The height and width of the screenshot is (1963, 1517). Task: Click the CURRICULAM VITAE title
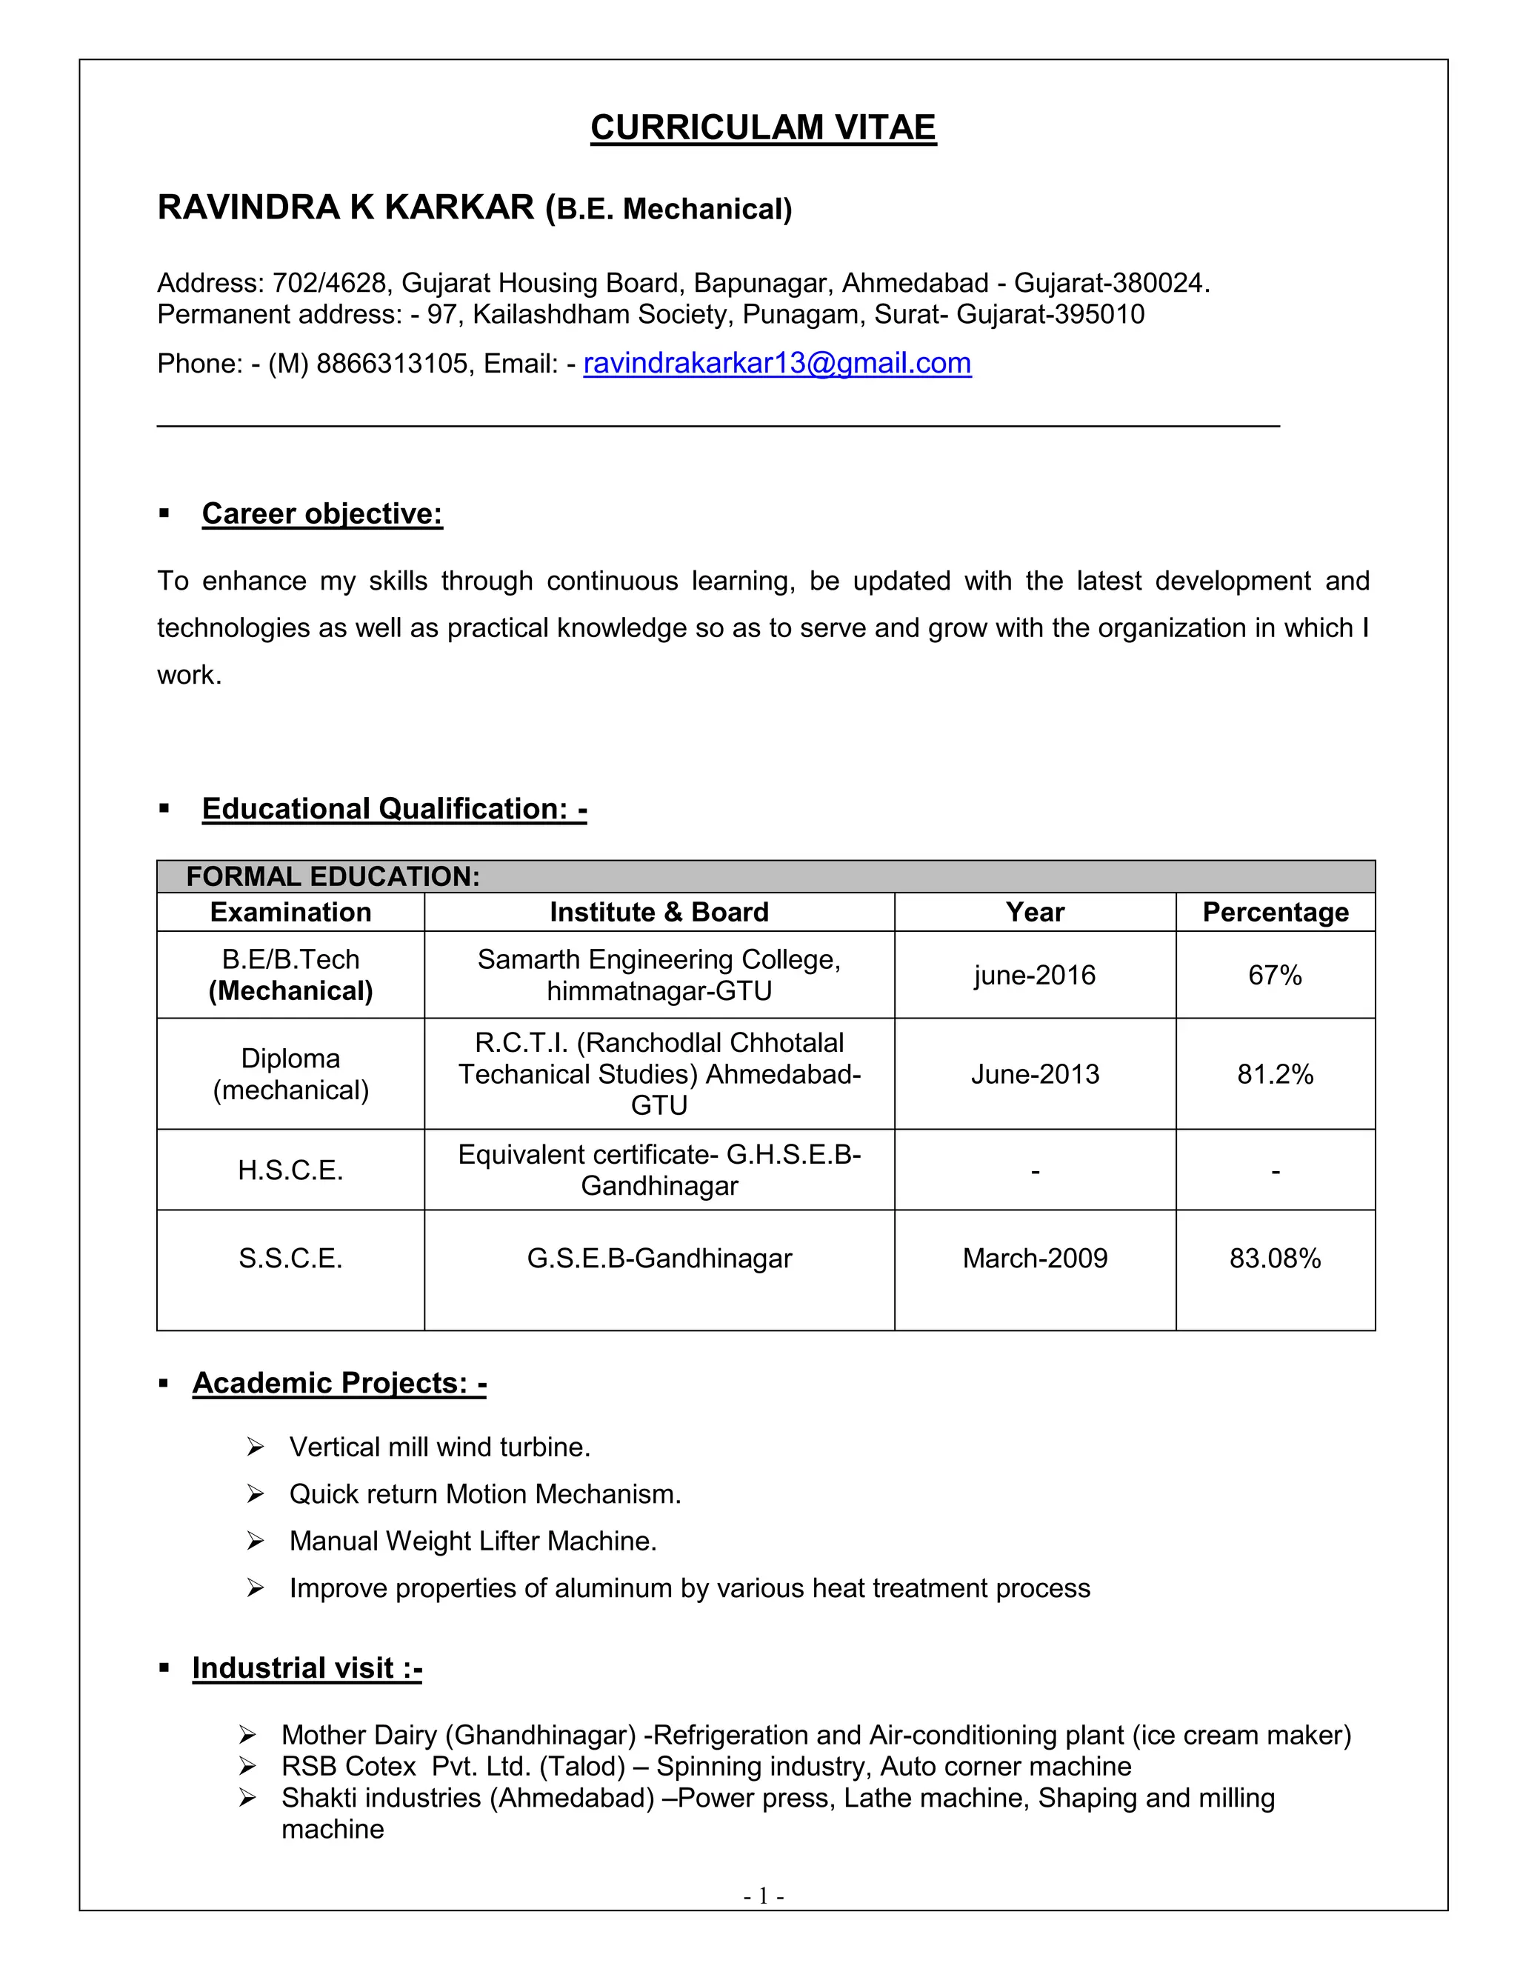point(763,127)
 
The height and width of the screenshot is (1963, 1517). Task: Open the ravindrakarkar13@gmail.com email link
point(776,363)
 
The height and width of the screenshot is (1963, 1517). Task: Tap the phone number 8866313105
point(392,364)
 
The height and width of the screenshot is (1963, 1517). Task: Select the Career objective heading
point(321,513)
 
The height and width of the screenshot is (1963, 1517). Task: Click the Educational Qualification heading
point(393,808)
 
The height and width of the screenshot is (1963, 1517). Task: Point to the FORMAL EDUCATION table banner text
point(333,876)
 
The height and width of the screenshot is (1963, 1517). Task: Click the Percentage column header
point(1274,913)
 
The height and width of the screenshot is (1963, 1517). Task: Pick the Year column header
point(1034,913)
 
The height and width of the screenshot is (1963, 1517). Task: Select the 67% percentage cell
point(1274,976)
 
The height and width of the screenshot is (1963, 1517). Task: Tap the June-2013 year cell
point(1034,1074)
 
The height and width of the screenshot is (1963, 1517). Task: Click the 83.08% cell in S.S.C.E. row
point(1274,1259)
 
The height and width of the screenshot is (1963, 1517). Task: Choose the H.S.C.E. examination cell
point(290,1170)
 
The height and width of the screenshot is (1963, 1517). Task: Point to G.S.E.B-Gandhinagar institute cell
point(659,1259)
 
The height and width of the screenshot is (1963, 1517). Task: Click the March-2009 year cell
point(1034,1259)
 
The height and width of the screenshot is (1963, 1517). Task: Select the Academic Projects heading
point(339,1382)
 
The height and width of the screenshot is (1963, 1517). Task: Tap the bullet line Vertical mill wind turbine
point(439,1447)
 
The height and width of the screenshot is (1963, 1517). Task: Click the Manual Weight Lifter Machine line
point(473,1541)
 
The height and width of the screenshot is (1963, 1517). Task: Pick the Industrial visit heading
point(307,1667)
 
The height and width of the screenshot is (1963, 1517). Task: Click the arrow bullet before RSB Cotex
point(248,1766)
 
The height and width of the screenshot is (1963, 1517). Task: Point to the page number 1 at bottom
point(763,1896)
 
